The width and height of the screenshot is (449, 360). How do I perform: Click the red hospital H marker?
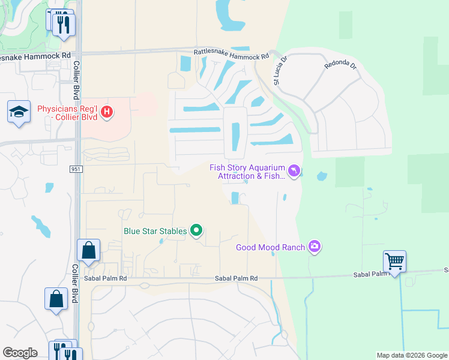107,112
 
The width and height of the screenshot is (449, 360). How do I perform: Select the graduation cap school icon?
19,112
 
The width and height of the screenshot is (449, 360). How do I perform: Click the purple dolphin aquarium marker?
294,172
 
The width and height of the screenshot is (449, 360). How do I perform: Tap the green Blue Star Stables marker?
196,230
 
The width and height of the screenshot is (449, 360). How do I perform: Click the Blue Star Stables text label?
155,230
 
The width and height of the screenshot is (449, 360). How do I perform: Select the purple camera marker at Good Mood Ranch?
314,247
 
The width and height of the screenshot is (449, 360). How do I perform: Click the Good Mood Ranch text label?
270,247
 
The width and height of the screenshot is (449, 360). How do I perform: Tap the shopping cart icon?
394,262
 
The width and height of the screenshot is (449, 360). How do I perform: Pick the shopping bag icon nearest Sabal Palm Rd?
88,250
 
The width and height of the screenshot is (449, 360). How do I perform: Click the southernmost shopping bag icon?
56,299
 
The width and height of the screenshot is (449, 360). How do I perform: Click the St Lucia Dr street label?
281,71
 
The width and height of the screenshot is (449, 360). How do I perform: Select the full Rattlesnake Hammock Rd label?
231,55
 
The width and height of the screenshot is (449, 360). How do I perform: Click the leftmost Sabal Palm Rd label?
106,278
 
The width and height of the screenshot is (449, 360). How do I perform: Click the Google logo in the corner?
20,353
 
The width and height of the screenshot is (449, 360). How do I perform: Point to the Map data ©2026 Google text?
412,355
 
